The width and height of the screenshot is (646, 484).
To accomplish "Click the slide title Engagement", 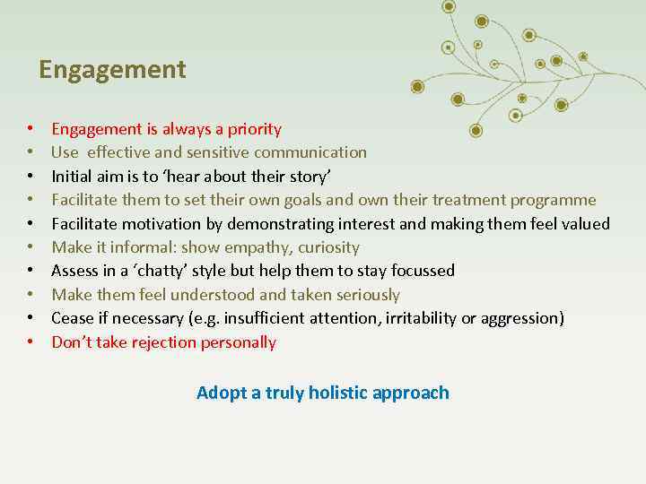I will pyautogui.click(x=112, y=70).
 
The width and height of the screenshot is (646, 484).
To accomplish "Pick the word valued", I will pyautogui.click(x=584, y=223).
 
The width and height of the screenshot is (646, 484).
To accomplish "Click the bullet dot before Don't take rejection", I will pyautogui.click(x=31, y=342).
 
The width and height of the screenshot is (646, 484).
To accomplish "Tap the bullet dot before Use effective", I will pyautogui.click(x=31, y=152).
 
